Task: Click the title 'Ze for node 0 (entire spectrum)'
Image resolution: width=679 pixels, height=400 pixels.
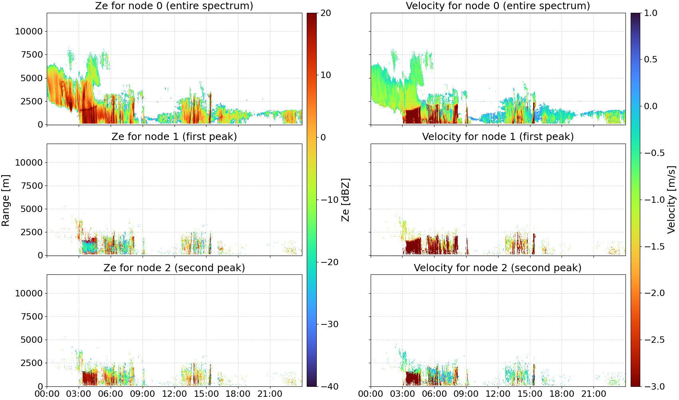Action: tap(174, 6)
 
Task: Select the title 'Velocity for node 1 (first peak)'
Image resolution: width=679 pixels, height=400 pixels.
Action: tap(498, 136)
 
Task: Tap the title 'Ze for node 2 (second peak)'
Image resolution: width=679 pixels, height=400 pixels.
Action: tap(174, 268)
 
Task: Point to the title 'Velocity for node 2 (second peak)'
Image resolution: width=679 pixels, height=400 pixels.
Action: tap(498, 268)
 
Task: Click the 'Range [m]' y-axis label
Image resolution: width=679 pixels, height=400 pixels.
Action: tap(6, 200)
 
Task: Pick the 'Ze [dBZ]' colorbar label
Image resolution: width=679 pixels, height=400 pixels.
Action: tap(345, 200)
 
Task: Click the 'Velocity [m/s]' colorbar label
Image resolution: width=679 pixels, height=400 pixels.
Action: tap(671, 200)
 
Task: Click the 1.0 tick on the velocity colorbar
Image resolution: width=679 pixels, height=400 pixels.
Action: tap(651, 13)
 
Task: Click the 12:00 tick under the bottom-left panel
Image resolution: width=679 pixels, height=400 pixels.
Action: tap(174, 394)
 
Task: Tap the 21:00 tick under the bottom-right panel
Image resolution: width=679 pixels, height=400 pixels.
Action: tap(594, 394)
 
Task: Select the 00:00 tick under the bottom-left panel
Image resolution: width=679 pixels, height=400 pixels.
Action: tap(47, 394)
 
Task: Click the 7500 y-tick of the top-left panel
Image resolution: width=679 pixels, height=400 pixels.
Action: tap(32, 55)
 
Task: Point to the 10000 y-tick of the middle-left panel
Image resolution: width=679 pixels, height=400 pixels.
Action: tap(29, 162)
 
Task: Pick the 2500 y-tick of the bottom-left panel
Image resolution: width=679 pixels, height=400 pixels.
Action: tap(32, 363)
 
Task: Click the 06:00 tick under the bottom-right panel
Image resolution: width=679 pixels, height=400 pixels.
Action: tap(435, 394)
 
